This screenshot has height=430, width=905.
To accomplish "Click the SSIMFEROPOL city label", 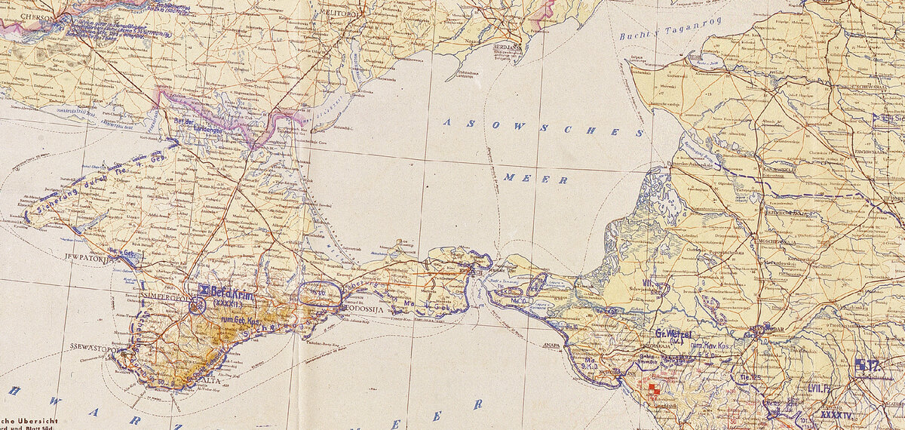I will coord(164,296).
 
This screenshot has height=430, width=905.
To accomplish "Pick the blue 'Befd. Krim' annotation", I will coord(231,290).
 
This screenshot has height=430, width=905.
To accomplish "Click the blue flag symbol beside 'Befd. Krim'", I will coord(203,289).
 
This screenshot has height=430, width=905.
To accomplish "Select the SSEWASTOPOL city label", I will coord(93,349).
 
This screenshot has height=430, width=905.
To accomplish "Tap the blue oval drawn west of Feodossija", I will coord(321,294).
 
